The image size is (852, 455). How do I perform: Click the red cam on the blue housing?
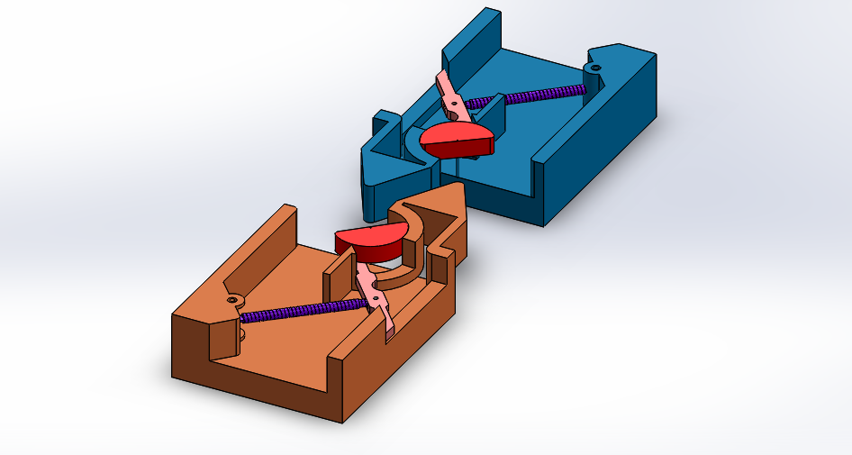[458, 139]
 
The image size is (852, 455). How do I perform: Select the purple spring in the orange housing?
[306, 308]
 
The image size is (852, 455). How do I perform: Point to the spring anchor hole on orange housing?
[232, 299]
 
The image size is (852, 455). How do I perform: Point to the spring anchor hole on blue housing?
[594, 68]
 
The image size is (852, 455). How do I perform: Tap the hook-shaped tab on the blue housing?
[382, 122]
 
